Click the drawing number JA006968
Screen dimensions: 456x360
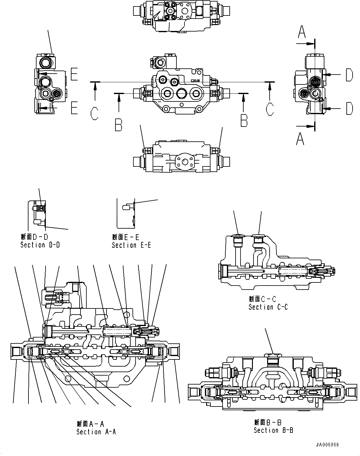pos(327,445)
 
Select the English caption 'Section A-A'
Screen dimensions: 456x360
pos(96,432)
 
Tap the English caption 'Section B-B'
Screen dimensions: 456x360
pos(273,430)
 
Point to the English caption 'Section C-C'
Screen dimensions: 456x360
pos(268,307)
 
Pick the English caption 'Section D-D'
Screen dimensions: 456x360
pos(40,245)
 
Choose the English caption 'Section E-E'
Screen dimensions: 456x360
pos(131,245)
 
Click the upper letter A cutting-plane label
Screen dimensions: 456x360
pos(301,32)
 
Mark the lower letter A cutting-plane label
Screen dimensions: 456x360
pos(300,139)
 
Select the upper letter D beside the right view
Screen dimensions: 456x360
pos(349,75)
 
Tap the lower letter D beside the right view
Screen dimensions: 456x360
pos(349,108)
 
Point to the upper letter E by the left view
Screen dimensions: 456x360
pos(74,74)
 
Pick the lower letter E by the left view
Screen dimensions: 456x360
pos(74,108)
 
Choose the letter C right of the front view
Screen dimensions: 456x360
pos(270,110)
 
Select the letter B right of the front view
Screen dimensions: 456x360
pos(244,120)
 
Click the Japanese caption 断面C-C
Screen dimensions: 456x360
pos(262,299)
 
